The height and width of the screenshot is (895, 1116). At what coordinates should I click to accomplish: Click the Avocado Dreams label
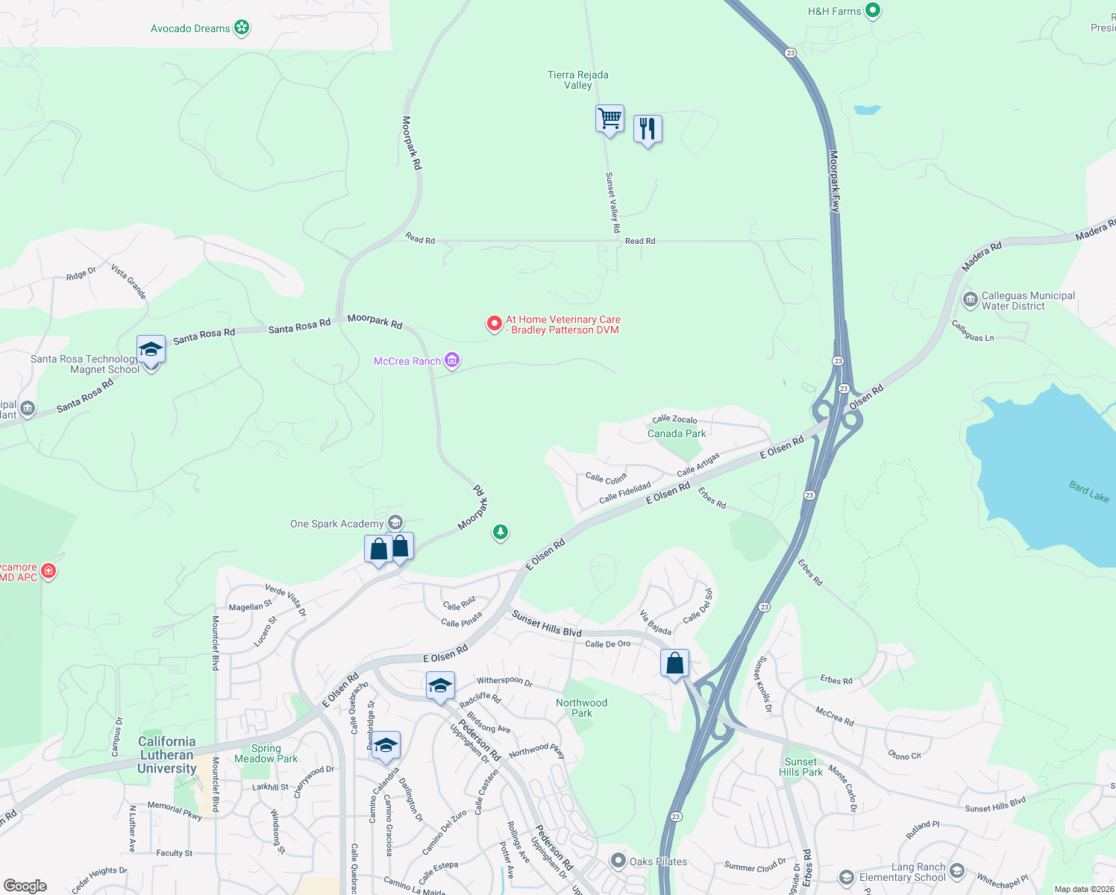(x=190, y=28)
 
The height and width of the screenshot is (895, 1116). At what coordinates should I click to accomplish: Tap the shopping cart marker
(x=609, y=119)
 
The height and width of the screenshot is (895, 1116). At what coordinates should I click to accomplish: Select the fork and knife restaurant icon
(x=648, y=129)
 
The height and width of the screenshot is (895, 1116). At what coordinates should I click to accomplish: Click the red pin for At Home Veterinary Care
(x=494, y=324)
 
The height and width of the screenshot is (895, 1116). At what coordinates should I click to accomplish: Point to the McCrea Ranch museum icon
(x=451, y=361)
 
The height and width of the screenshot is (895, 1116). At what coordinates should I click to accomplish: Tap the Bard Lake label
(x=1088, y=492)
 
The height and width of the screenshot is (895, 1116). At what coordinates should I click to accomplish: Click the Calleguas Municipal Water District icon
(x=970, y=300)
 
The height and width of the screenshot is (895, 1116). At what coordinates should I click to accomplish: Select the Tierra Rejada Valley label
(x=578, y=80)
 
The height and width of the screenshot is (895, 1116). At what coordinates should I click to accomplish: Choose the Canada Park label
(x=677, y=433)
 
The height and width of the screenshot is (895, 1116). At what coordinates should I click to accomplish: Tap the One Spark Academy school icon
(x=395, y=523)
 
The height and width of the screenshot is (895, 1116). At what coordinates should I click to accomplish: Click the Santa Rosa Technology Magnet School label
(x=84, y=364)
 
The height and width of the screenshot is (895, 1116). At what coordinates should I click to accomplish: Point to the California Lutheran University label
(x=167, y=755)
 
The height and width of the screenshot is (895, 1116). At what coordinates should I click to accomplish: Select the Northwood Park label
(x=582, y=708)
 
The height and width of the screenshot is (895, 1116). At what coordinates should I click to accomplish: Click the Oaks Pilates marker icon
(x=618, y=861)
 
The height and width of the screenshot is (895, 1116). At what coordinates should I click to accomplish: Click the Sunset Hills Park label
(x=800, y=767)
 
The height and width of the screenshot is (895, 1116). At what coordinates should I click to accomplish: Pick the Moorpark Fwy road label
(x=835, y=181)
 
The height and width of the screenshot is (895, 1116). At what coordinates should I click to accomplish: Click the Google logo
(x=25, y=886)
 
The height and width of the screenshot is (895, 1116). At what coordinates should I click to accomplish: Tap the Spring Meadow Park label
(x=266, y=753)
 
